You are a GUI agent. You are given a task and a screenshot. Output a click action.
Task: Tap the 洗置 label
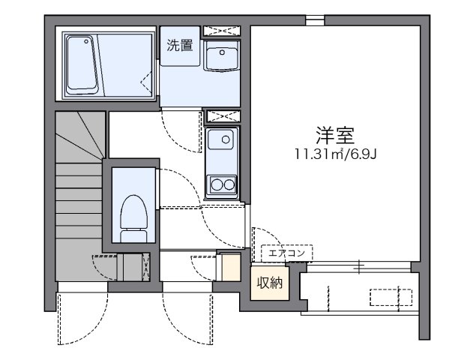[x=180, y=45]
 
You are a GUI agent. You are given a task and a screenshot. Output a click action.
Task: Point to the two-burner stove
[x=223, y=183]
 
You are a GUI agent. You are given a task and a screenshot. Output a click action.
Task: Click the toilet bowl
[x=133, y=212]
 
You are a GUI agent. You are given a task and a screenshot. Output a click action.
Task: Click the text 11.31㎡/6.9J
[x=334, y=155]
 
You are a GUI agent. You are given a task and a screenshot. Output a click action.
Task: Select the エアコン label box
[x=286, y=253]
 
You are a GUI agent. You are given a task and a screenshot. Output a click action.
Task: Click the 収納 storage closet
[x=270, y=283]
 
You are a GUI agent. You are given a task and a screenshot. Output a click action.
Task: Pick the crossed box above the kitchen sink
[x=222, y=116]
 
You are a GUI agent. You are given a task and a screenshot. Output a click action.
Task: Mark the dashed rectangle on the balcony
[x=393, y=297]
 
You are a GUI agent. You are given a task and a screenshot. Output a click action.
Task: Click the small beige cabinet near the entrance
[x=231, y=268]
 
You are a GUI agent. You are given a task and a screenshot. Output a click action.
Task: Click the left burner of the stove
[x=216, y=183]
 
